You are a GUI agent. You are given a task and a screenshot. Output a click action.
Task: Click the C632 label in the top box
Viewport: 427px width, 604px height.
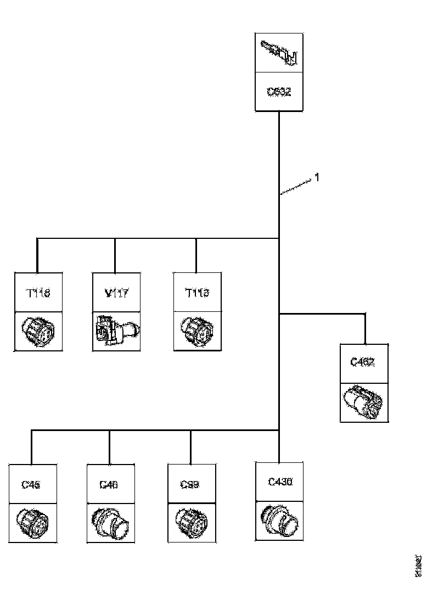pos(279,92)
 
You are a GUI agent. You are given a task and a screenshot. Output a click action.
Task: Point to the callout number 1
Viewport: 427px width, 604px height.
pos(317,177)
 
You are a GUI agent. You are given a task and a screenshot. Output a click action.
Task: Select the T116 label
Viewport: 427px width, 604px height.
pos(37,293)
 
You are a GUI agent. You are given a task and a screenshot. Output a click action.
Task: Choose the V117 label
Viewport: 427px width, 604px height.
pos(116,293)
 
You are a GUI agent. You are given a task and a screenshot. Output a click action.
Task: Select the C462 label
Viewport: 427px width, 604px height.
pos(364,362)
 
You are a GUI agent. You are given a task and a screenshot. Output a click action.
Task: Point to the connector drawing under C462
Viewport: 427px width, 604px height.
pos(364,402)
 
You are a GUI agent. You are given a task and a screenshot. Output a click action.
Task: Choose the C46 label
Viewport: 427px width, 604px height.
pos(110,484)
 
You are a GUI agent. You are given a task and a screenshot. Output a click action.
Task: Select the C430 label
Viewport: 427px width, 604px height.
pos(280,482)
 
